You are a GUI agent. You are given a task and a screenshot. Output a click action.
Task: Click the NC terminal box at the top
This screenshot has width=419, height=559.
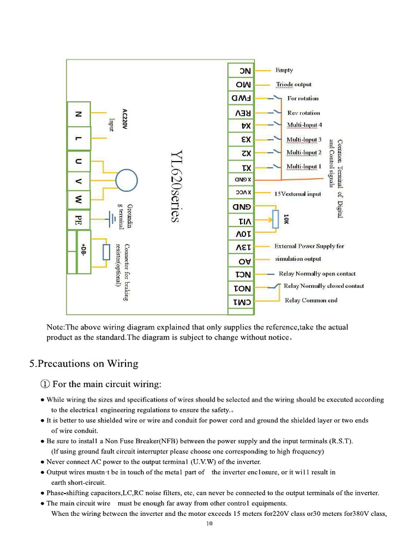(241, 71)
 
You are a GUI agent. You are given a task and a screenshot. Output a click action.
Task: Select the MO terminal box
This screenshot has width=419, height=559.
(241, 85)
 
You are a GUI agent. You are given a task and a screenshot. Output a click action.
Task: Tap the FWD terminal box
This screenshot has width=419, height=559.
(241, 98)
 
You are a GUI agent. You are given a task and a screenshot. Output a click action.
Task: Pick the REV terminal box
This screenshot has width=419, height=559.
(241, 112)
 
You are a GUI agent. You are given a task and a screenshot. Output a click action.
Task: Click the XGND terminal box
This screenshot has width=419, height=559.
(241, 179)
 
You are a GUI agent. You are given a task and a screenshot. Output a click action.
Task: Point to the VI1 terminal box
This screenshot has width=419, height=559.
(241, 220)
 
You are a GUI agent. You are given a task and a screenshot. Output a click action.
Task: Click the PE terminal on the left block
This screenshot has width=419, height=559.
(79, 220)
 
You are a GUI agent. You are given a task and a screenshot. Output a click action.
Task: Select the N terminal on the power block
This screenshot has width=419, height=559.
(79, 115)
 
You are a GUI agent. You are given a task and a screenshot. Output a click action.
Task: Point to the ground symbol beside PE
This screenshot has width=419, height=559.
(107, 218)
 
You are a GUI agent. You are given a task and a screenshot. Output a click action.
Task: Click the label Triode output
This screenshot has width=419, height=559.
(294, 85)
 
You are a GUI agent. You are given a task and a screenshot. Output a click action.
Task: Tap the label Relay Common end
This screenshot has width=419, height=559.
(311, 300)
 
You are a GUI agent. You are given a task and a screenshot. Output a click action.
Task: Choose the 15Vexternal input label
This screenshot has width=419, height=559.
(297, 194)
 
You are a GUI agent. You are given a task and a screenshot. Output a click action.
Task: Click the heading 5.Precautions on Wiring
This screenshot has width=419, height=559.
(83, 364)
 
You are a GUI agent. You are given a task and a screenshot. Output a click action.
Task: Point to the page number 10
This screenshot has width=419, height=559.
(209, 524)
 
